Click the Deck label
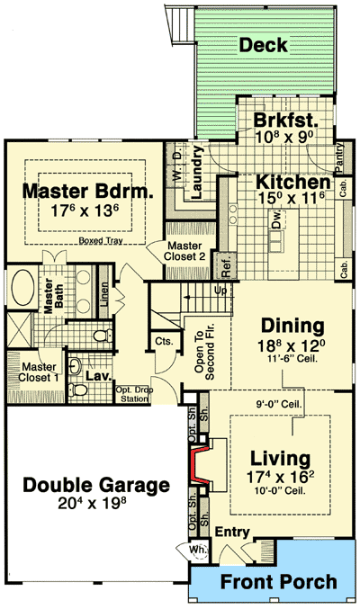[x=263, y=45]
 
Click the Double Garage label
[x=95, y=486]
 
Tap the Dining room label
[x=292, y=325]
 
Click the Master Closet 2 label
[x=184, y=253]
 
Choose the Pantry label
[x=341, y=145]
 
